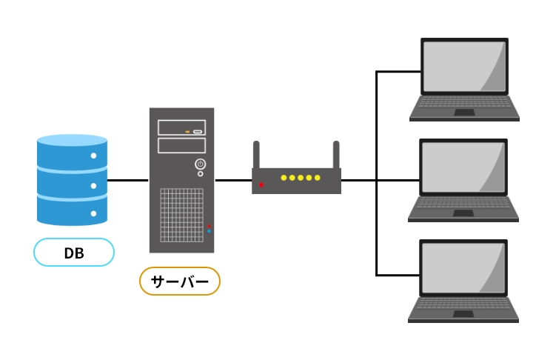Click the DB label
pyautogui.click(x=74, y=253)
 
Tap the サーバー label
pyautogui.click(x=180, y=281)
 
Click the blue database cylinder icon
pyautogui.click(x=73, y=179)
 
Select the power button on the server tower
pyautogui.click(x=200, y=164)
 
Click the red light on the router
pyautogui.click(x=261, y=184)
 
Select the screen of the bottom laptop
pyautogui.click(x=464, y=267)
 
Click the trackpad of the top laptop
pyautogui.click(x=464, y=113)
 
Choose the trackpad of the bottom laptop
pyautogui.click(x=464, y=315)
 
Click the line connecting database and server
pyautogui.click(x=128, y=180)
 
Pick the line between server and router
pyautogui.click(x=233, y=180)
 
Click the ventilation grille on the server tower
pyautogui.click(x=181, y=215)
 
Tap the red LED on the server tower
pyautogui.click(x=209, y=225)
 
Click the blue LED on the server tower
pyautogui.click(x=209, y=231)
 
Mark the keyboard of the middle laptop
pyautogui.click(x=464, y=204)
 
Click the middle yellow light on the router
pyautogui.click(x=301, y=178)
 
